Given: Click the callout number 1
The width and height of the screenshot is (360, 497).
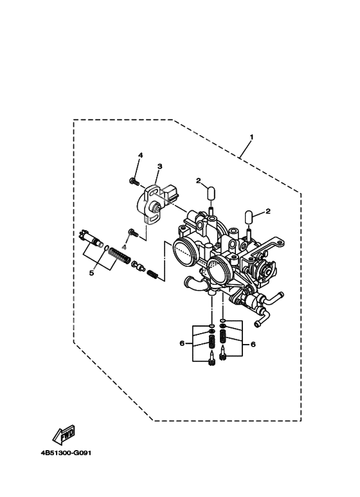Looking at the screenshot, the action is tap(251, 137).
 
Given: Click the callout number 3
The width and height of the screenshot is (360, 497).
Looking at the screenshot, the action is tap(159, 167).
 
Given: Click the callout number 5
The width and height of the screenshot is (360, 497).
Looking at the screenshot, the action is tap(91, 273).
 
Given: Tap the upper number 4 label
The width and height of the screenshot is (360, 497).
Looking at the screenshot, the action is tap(139, 156).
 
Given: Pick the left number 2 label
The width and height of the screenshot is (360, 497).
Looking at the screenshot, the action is tap(200, 181).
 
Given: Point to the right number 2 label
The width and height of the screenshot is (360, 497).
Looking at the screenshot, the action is tap(267, 211).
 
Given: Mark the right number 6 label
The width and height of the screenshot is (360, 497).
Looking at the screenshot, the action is tap(253, 345).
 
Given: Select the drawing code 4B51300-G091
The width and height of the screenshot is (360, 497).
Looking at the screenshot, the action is tap(67, 451).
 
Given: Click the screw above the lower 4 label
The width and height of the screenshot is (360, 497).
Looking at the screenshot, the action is tap(132, 231).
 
